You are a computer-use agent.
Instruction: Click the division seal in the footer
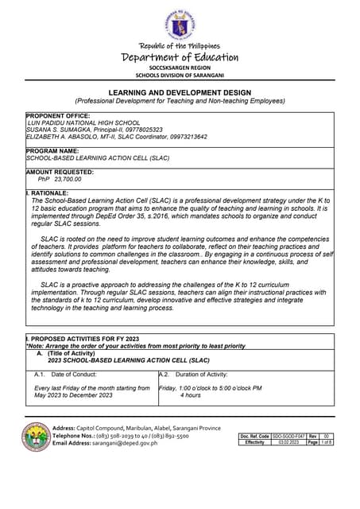(36, 436)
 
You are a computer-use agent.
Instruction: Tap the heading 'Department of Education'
(180, 56)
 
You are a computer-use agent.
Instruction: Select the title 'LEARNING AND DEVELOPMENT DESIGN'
(180, 93)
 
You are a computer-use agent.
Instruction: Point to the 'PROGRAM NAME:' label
(52, 150)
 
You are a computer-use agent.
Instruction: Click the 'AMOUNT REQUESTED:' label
(60, 172)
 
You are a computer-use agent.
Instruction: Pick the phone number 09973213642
(183, 137)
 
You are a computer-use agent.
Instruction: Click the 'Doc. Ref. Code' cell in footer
(255, 437)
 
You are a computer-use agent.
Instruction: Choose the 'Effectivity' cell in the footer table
(255, 442)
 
